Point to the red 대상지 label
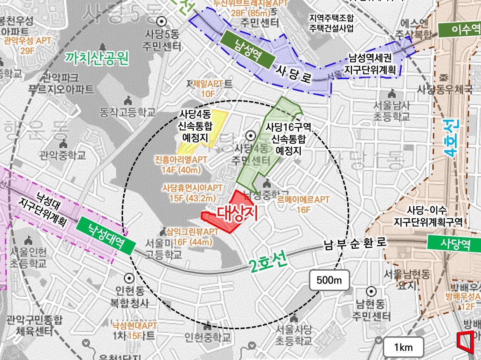point(237,213)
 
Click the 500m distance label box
point(329,280)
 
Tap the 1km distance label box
point(403,347)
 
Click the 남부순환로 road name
point(355,243)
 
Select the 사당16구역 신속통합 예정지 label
point(288,138)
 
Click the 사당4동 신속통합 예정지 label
point(195,125)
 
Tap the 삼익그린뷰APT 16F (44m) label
point(192,237)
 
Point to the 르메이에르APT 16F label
point(303,205)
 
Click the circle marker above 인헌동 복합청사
point(129,278)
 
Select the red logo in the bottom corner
point(465,342)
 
